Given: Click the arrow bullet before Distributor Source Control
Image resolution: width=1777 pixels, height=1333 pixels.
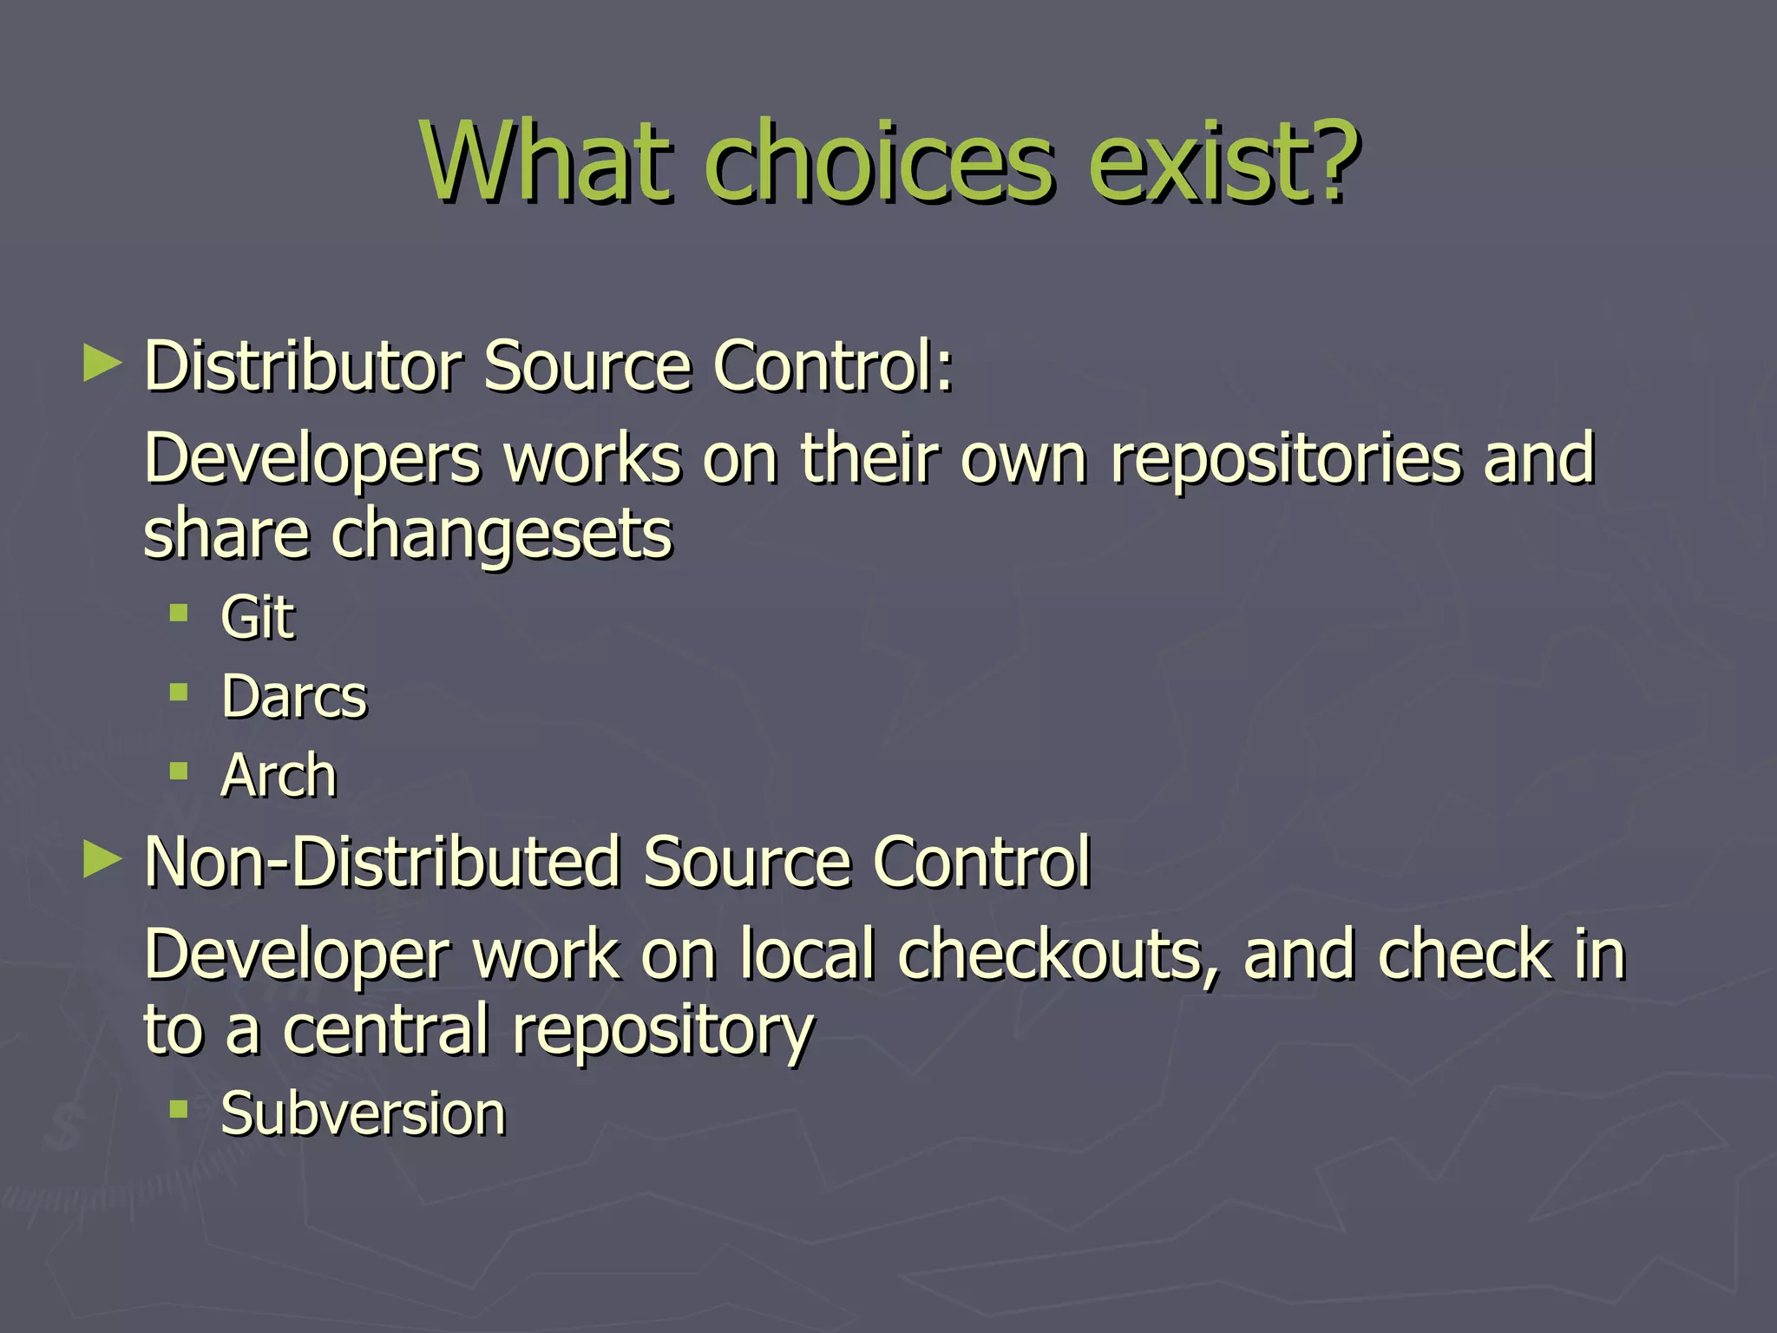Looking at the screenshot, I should point(102,364).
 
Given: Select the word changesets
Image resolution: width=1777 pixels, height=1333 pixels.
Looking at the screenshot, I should point(502,535).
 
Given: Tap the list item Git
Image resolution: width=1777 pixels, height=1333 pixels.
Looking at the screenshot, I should point(258,618).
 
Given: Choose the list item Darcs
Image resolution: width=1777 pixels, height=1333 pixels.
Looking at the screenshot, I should point(294,697).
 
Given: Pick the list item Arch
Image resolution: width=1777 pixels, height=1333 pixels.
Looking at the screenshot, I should point(279,776).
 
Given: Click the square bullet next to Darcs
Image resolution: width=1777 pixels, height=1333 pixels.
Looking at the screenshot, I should point(179,693).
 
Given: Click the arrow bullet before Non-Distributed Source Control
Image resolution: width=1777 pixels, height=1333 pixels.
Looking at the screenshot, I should point(102,860).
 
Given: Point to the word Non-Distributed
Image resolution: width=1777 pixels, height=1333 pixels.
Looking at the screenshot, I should point(382,863).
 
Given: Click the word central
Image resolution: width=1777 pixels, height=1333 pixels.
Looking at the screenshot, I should point(386,1030).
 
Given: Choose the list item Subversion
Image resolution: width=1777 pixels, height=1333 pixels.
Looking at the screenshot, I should point(363,1113).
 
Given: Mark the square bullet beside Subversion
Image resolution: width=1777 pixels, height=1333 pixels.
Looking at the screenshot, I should point(179,1108).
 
